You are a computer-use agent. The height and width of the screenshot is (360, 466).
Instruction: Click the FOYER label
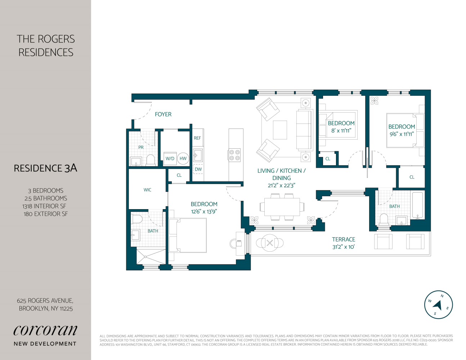click(163, 114)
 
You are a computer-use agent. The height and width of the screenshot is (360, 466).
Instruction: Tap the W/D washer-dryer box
click(170, 158)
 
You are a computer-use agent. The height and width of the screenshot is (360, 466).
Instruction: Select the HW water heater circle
click(183, 158)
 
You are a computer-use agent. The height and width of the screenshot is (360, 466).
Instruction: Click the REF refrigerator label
click(197, 138)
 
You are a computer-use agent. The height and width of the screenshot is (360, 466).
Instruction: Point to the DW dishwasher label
click(198, 169)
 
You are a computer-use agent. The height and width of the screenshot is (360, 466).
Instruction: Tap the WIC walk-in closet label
click(147, 190)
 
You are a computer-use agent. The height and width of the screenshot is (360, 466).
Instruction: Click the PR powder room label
click(141, 148)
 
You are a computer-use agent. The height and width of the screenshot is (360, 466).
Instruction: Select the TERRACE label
click(343, 239)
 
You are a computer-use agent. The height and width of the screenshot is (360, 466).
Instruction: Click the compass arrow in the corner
click(438, 305)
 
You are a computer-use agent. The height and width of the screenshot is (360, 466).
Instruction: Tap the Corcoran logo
click(45, 330)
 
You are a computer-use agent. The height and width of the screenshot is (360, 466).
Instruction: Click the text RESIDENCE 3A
click(45, 168)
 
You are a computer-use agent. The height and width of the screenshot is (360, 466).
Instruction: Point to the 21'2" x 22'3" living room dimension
click(281, 185)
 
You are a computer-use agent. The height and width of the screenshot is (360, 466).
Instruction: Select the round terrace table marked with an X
click(270, 243)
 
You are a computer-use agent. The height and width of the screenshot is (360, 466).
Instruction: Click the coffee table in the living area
click(280, 130)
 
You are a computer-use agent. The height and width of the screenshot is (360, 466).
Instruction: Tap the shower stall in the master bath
click(151, 256)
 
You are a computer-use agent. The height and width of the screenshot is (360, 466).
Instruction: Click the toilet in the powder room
click(151, 160)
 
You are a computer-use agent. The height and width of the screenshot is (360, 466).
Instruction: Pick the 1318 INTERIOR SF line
click(44, 206)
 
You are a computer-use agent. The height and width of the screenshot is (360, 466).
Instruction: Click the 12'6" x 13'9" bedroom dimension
click(204, 212)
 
